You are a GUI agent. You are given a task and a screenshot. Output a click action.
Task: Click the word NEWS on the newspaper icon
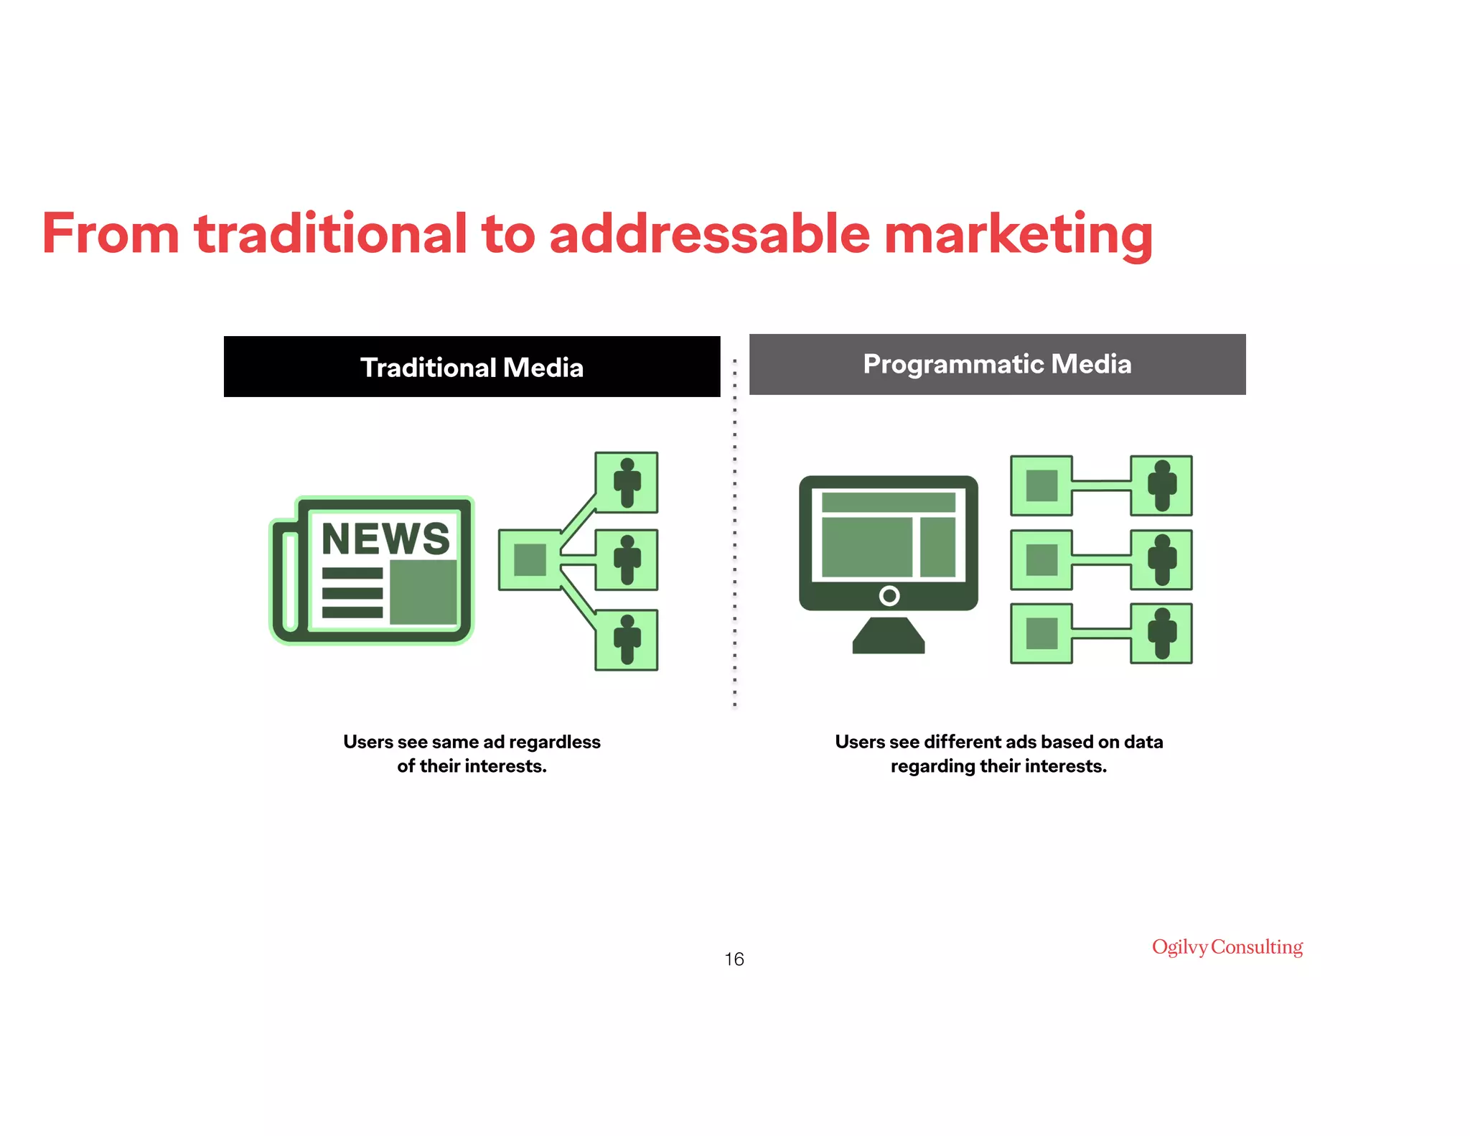(385, 539)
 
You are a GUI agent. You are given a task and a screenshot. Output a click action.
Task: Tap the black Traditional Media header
(472, 367)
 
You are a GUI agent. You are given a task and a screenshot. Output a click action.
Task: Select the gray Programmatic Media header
(997, 364)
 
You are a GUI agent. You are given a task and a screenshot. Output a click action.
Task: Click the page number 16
(734, 959)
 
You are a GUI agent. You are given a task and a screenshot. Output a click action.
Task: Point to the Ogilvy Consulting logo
(1227, 947)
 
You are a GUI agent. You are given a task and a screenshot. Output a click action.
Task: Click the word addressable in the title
(709, 234)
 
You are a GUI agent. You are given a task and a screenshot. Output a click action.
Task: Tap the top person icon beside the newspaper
(627, 483)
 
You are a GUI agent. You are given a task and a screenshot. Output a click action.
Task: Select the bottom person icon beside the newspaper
(627, 640)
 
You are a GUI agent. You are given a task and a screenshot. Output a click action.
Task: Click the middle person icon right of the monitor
(1161, 560)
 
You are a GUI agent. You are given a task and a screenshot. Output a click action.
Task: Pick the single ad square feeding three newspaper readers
(530, 560)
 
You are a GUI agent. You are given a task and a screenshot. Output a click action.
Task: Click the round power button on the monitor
(889, 595)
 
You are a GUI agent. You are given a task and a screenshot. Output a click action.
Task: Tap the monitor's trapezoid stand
(889, 636)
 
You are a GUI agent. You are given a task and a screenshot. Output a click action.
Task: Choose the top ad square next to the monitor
(1041, 485)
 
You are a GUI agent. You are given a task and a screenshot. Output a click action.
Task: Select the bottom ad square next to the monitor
(1041, 633)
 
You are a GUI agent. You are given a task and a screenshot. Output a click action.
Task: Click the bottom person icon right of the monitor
(1161, 633)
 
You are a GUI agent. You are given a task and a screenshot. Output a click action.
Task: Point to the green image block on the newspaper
(423, 592)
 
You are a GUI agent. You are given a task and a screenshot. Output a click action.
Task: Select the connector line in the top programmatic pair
(1102, 485)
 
